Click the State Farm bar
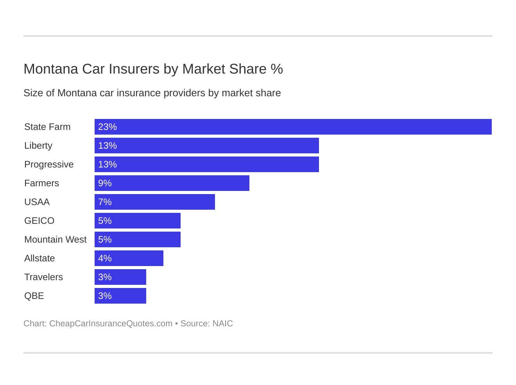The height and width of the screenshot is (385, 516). click(293, 127)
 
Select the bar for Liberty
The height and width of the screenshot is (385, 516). click(207, 146)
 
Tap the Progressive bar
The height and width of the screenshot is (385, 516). click(207, 164)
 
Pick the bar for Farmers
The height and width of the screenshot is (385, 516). click(172, 183)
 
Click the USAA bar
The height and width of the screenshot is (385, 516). click(155, 202)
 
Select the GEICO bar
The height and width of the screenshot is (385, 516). click(138, 221)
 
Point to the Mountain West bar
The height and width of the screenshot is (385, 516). click(138, 239)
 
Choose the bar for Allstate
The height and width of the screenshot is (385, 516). click(129, 258)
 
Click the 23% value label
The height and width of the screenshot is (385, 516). click(107, 127)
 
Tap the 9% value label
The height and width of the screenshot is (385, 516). click(105, 183)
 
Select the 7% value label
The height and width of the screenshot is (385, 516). click(105, 202)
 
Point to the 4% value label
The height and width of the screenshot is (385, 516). click(105, 258)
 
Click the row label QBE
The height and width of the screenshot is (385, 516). click(34, 296)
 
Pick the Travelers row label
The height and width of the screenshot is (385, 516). click(43, 277)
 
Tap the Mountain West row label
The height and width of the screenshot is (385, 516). click(55, 239)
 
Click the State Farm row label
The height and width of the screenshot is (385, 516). click(47, 127)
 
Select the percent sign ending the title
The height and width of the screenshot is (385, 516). click(277, 69)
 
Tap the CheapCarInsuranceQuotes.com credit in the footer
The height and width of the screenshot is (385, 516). click(111, 324)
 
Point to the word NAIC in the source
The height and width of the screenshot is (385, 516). click(222, 324)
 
